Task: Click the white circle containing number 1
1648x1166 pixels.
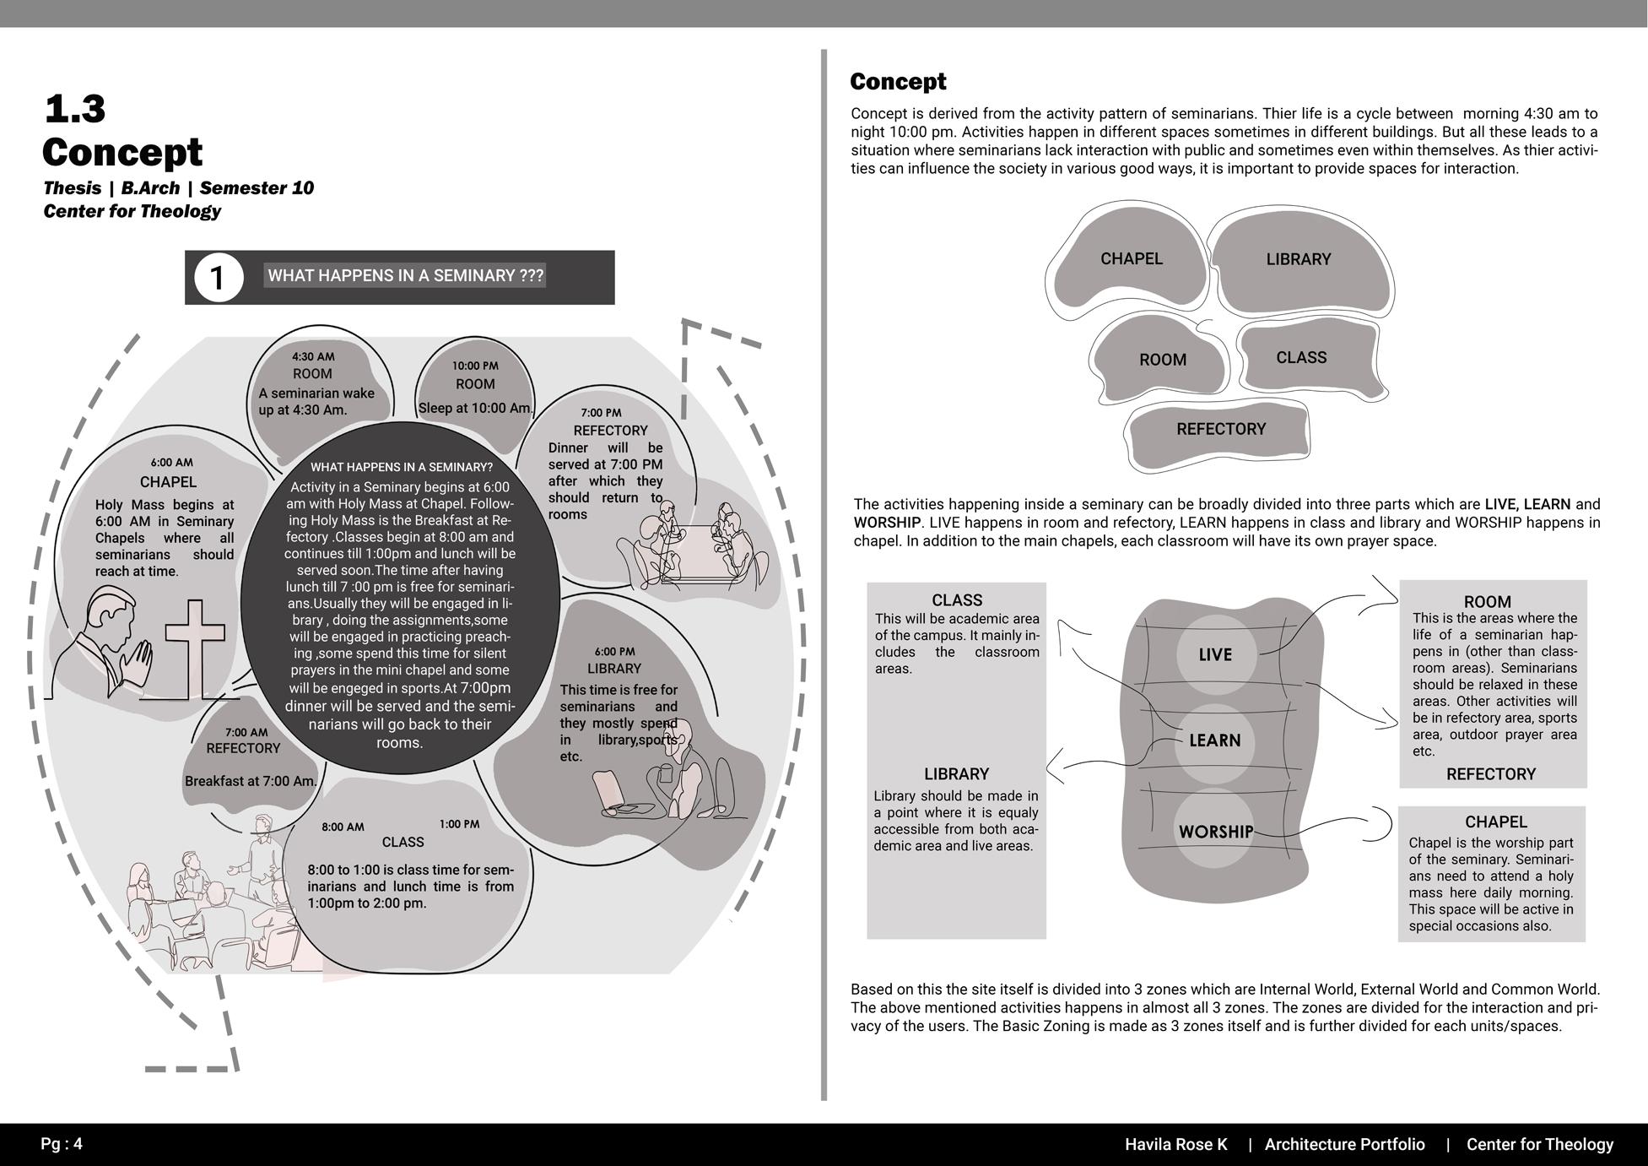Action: [x=219, y=277]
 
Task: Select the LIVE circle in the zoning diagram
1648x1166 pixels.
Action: [x=1215, y=654]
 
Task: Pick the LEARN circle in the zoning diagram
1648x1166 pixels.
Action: [x=1214, y=740]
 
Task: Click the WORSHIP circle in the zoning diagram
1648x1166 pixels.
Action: [x=1215, y=831]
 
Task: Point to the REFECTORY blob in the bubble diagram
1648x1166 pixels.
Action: [x=1220, y=429]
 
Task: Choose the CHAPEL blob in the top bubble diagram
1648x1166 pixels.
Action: [x=1131, y=259]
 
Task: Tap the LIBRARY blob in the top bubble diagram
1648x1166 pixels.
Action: [x=1298, y=260]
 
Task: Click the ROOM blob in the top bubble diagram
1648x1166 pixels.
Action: [x=1162, y=360]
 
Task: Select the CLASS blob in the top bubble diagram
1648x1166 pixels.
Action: [x=1301, y=358]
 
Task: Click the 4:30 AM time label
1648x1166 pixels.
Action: [x=313, y=356]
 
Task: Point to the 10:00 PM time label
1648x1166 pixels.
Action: [x=475, y=366]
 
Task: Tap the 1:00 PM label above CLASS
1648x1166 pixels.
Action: [x=459, y=824]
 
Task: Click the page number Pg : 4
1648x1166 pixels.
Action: [x=62, y=1144]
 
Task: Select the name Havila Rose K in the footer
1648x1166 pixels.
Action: [x=1175, y=1144]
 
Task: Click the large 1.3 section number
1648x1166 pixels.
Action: [x=74, y=108]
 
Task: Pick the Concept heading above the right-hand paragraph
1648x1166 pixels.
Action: [x=898, y=82]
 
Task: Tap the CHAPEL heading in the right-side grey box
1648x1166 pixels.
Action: [x=1495, y=822]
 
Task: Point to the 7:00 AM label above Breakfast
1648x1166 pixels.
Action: [x=246, y=732]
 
